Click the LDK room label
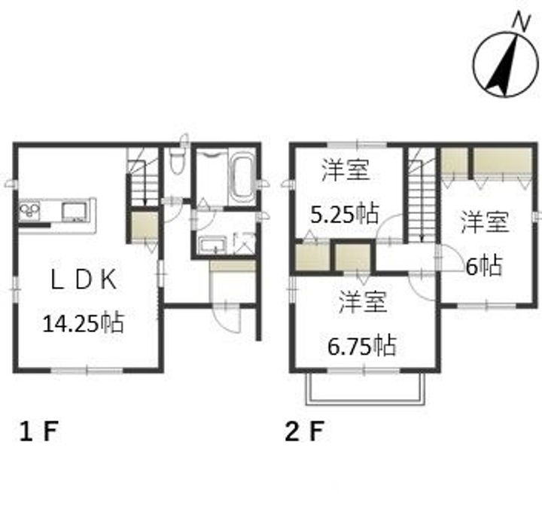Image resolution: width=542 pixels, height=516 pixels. [84, 279]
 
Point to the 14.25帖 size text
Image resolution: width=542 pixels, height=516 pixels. [84, 323]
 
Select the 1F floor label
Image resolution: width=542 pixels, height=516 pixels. [38, 431]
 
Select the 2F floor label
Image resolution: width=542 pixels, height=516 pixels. [304, 431]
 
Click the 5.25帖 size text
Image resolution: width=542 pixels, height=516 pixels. [345, 215]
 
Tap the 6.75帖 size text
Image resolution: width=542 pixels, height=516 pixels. [361, 345]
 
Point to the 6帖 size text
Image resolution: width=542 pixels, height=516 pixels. [483, 266]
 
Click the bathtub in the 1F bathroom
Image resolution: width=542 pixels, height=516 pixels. [243, 177]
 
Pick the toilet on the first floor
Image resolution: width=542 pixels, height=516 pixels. [178, 160]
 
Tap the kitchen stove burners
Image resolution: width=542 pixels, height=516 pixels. [29, 211]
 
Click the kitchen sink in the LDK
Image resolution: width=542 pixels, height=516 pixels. [74, 212]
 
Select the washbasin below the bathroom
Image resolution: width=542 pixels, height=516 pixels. [214, 244]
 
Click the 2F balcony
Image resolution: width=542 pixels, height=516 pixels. [365, 389]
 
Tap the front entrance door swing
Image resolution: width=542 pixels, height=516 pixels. [227, 319]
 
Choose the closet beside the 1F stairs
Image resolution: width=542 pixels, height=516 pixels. [145, 225]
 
